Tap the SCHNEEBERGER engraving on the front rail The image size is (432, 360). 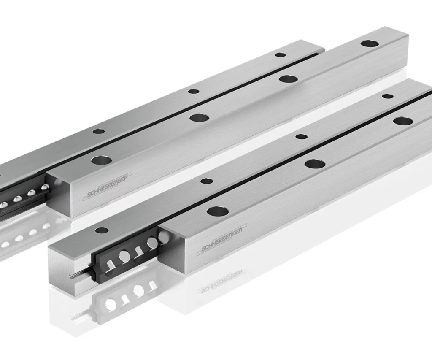222,240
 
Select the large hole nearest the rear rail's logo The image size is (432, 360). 102,160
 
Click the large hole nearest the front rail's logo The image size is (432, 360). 218,212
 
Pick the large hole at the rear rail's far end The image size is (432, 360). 370,43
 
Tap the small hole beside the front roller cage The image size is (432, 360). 101,230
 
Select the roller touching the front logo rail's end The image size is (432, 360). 164,236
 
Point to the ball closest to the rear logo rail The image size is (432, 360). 45,187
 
